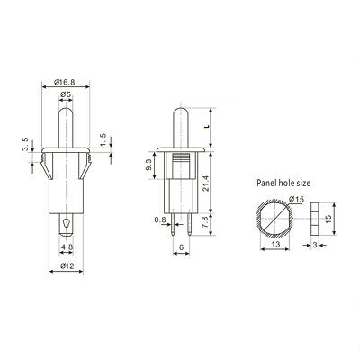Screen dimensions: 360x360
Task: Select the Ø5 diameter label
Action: pyautogui.click(x=66, y=94)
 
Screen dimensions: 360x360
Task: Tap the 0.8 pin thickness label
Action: pyautogui.click(x=159, y=220)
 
